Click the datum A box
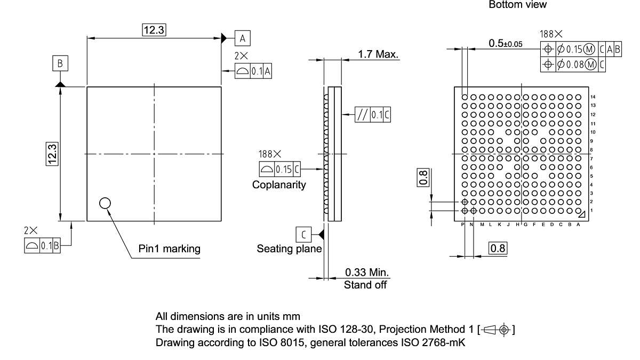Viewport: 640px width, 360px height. pyautogui.click(x=242, y=38)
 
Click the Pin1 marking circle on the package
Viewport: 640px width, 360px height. pyautogui.click(x=105, y=203)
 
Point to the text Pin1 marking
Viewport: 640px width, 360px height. pyautogui.click(x=169, y=249)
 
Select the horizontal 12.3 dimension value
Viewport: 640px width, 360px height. pyautogui.click(x=154, y=30)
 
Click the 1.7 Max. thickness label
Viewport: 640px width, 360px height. pyautogui.click(x=378, y=54)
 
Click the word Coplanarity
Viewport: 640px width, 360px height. pyautogui.click(x=279, y=185)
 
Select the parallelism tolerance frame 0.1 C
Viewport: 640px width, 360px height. pyautogui.click(x=373, y=115)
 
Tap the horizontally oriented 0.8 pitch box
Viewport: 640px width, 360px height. pyautogui.click(x=498, y=248)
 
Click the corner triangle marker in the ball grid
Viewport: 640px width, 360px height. pyautogui.click(x=582, y=213)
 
